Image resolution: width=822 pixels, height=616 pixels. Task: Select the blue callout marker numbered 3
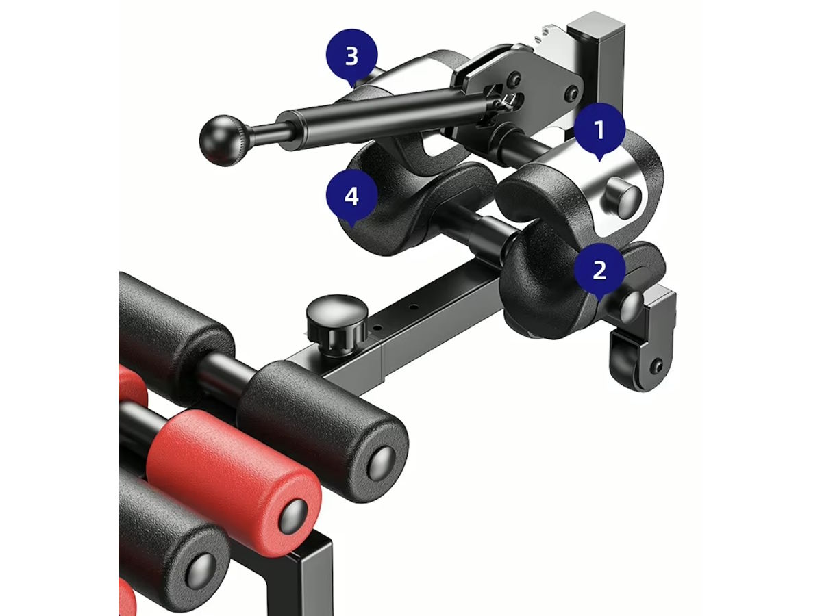(351, 57)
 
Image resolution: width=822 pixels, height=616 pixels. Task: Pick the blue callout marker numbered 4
(351, 196)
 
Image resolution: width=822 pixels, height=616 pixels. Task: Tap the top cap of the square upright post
(595, 25)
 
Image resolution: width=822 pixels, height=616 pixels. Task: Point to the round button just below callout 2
(632, 307)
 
